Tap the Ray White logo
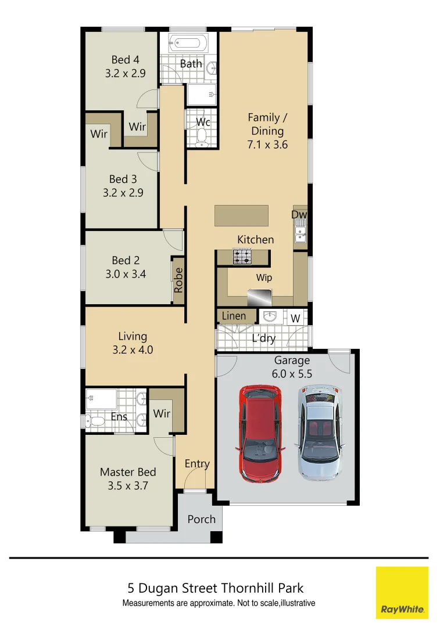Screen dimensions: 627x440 (402, 592)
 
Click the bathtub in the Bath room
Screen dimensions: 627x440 (187, 43)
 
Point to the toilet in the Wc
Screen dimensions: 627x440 (202, 136)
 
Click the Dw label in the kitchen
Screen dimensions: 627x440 (299, 215)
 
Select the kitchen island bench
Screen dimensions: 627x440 (242, 215)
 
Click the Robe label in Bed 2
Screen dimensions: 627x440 (178, 279)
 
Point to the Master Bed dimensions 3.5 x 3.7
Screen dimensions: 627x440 (128, 486)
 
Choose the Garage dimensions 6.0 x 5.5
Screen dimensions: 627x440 (292, 374)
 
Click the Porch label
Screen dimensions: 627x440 (201, 519)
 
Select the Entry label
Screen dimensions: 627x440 (197, 463)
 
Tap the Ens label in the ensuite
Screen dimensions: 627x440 (119, 416)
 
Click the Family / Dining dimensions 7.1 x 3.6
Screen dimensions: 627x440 (267, 145)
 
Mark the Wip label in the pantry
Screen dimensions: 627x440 (264, 278)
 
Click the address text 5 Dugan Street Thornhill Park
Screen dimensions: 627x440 (216, 589)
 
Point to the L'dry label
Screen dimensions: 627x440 (263, 338)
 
